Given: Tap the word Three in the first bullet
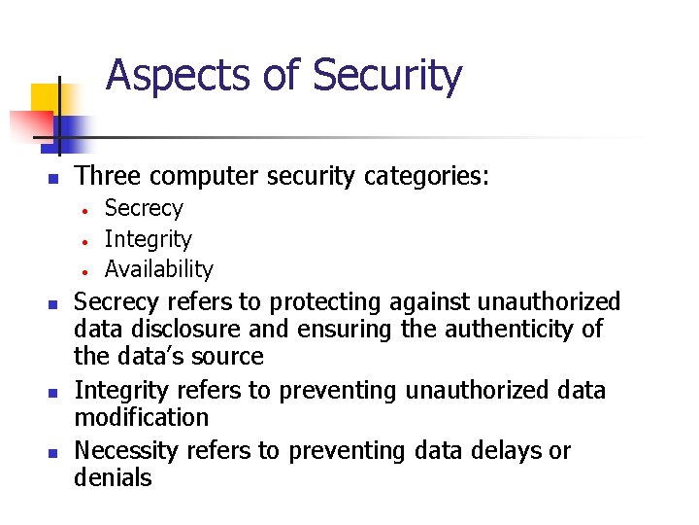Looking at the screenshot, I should (x=107, y=176).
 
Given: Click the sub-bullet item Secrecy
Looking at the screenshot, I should (x=144, y=208).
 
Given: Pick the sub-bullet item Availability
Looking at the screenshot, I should (x=158, y=268).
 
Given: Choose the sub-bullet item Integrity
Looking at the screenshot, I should (x=148, y=238).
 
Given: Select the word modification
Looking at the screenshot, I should (x=142, y=418).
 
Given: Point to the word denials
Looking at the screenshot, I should (x=113, y=478).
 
